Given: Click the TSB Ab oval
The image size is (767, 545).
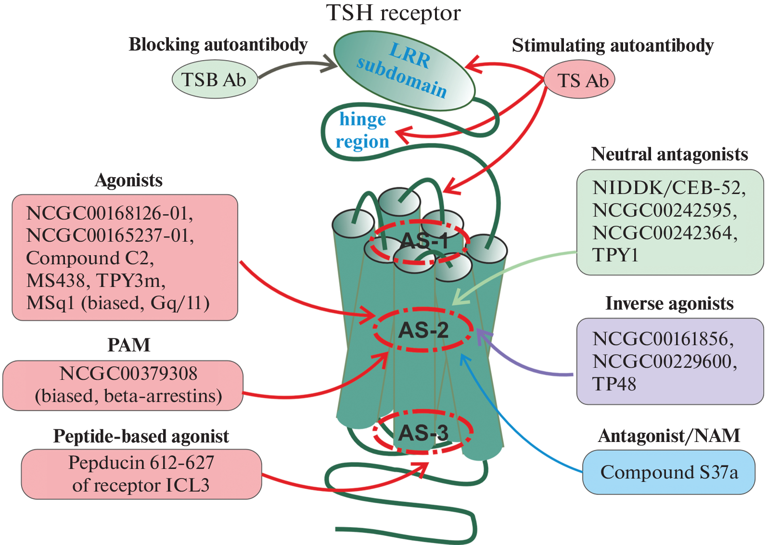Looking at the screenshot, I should (x=215, y=79).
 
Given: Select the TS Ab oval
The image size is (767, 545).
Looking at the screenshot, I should (x=579, y=80).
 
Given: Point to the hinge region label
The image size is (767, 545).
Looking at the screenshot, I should (x=362, y=130).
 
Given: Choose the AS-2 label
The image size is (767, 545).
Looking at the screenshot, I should (x=423, y=330).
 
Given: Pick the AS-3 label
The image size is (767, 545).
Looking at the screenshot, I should (x=423, y=433).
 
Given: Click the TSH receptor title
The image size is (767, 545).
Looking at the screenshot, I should (x=393, y=13).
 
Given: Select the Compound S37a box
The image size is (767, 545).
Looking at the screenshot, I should (x=668, y=472).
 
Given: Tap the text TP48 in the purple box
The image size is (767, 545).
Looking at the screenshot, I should (x=614, y=384).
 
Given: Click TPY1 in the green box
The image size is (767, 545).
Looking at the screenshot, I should (x=615, y=255).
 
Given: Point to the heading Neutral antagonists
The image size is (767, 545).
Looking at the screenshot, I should (x=669, y=155).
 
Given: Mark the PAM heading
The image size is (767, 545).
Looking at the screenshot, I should (x=128, y=345).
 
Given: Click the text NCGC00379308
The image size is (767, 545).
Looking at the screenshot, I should (x=128, y=374).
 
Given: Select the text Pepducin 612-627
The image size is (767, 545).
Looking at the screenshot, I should (x=141, y=463).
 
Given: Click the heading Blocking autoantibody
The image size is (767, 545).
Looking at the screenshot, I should (x=218, y=44).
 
